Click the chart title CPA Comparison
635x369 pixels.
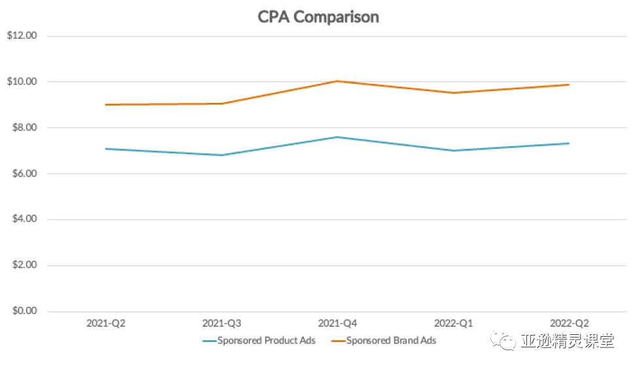coord(318,17)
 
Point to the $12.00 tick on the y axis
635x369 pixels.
coord(22,36)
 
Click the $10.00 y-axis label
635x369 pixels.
coord(22,82)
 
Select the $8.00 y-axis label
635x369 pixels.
coord(24,128)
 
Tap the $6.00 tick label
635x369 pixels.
coord(24,174)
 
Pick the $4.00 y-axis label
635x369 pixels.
coord(24,220)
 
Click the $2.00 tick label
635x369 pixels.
coord(24,265)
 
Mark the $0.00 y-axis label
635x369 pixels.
coord(24,311)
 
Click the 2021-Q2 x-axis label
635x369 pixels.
coord(106,324)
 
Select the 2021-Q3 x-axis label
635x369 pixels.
coord(222,324)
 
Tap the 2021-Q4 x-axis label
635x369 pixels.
coord(337,324)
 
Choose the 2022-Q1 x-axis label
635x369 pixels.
coord(454,324)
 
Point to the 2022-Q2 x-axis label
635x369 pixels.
coord(569,324)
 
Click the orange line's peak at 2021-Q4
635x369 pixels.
coord(337,81)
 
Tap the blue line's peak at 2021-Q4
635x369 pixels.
coord(337,137)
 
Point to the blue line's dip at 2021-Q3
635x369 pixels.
coord(222,155)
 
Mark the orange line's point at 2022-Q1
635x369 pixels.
coord(454,93)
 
